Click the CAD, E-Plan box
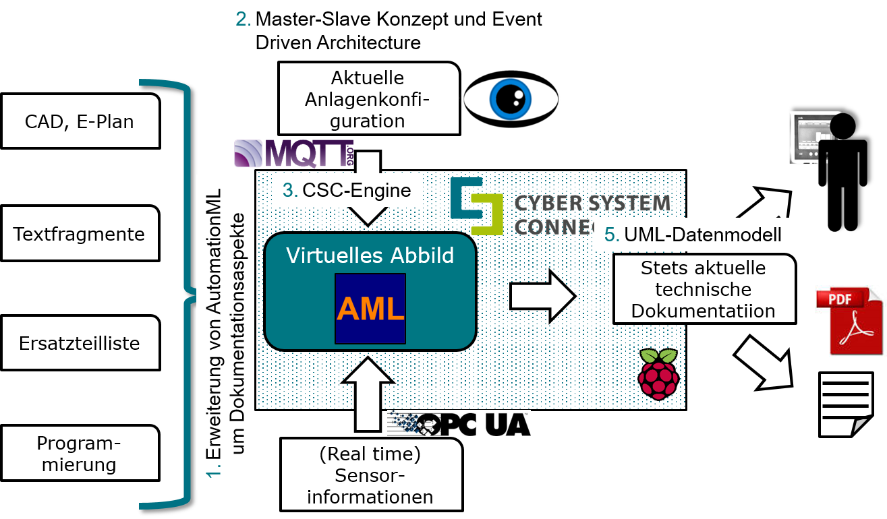80,121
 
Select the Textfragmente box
80,234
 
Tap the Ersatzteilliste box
80,343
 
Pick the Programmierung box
80,454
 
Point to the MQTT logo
294,154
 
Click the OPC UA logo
459,423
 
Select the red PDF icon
850,321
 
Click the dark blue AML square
370,308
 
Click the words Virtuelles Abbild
370,255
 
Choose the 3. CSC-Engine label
347,190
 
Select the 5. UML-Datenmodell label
694,235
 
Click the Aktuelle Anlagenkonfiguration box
368,100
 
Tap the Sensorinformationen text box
370,475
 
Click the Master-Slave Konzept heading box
393,31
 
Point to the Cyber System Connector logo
560,206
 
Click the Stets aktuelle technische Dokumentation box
703,289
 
